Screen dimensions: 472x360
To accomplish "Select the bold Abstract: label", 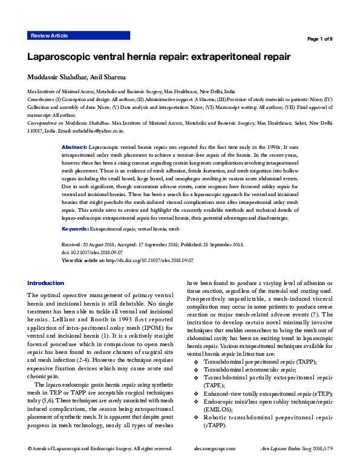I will pyautogui.click(x=74, y=148).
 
